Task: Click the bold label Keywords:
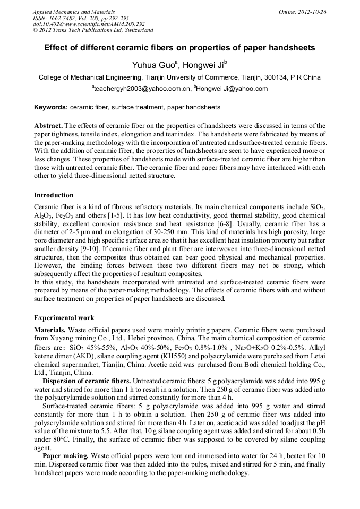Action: pos(51,107)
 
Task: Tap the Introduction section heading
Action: pos(54,195)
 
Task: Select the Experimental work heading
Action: pos(64,318)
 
